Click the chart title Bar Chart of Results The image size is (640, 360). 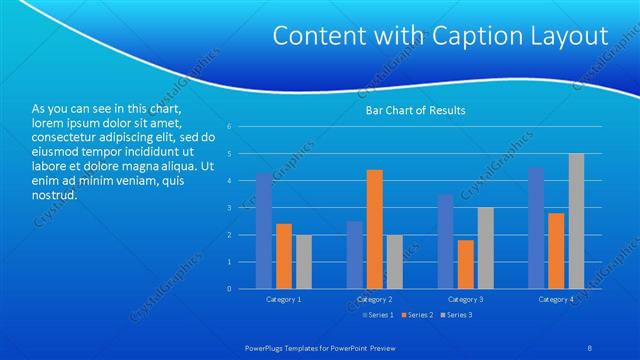414,110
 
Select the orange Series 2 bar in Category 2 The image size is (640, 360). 375,229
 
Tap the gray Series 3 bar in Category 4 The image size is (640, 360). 576,221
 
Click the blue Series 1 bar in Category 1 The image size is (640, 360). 264,231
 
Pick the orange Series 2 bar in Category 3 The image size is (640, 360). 466,264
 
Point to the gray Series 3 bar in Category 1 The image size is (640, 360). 304,262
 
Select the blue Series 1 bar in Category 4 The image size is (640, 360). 536,228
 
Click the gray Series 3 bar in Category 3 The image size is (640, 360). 486,248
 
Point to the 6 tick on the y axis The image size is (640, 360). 230,127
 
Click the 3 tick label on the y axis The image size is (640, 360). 230,208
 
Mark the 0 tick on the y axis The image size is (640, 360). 230,289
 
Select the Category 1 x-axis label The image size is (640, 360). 284,300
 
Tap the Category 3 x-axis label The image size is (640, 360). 466,300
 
